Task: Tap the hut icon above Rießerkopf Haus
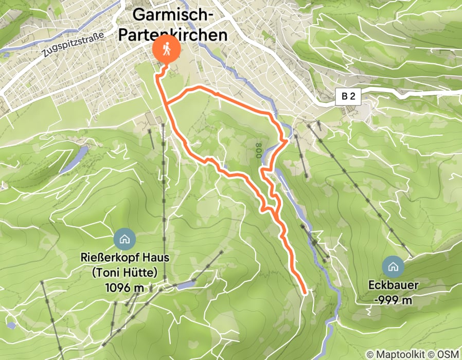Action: coord(125,238)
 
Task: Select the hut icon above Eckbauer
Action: coord(394,266)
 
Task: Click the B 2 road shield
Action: coord(348,96)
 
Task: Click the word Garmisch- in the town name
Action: coord(173,15)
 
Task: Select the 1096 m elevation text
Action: coord(124,288)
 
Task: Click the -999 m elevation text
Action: coord(394,300)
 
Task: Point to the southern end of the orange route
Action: coord(305,293)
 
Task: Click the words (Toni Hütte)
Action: coord(124,272)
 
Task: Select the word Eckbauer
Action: coord(394,284)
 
